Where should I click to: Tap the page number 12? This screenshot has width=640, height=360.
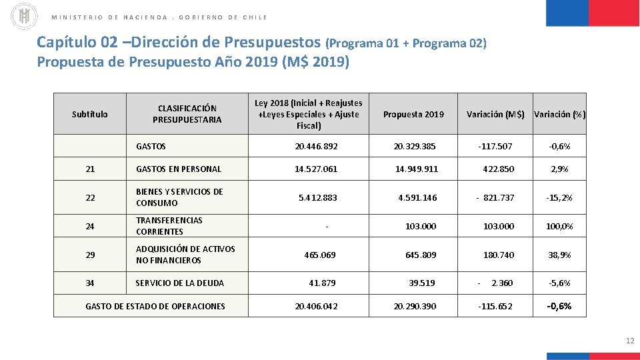click(x=630, y=341)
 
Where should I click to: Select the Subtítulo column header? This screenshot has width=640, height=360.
click(x=89, y=114)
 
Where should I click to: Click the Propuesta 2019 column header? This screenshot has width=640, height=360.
click(x=413, y=114)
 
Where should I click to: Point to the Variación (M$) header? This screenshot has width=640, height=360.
click(x=495, y=114)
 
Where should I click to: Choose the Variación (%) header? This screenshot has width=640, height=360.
click(x=559, y=114)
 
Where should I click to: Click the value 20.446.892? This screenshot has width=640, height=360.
click(x=316, y=146)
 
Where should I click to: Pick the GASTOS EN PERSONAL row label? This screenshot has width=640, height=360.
click(x=178, y=169)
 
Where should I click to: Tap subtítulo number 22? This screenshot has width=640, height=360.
click(x=90, y=197)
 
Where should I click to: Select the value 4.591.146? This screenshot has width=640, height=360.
click(x=417, y=197)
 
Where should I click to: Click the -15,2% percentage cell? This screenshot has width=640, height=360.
click(x=559, y=197)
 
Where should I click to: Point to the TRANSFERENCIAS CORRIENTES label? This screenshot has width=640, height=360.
click(x=169, y=226)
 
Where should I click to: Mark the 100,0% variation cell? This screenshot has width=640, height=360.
click(x=559, y=226)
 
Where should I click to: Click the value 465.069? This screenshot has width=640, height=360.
click(x=319, y=255)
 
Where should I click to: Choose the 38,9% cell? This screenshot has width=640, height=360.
click(x=559, y=255)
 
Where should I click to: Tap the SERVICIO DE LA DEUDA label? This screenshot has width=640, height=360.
click(x=179, y=283)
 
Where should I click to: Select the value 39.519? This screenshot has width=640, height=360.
click(x=421, y=283)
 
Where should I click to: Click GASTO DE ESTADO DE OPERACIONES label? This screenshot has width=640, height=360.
click(x=155, y=306)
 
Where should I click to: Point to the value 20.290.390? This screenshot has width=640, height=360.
click(x=415, y=306)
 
